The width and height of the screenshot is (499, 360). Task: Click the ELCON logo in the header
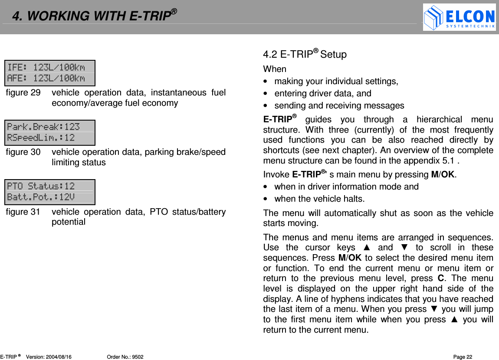click(459, 17)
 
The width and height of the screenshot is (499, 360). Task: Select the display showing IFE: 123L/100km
click(50, 73)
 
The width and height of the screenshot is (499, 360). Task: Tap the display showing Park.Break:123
click(50, 132)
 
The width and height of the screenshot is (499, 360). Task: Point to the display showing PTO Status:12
click(50, 192)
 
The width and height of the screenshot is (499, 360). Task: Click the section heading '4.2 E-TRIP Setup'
click(305, 54)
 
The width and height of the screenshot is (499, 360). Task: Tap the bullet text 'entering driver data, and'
click(323, 93)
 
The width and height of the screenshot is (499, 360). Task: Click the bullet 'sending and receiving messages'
click(339, 106)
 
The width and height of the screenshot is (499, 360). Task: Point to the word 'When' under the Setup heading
click(275, 69)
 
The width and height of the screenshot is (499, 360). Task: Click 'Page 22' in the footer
click(463, 357)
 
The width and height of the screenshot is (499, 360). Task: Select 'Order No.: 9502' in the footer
click(125, 357)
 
